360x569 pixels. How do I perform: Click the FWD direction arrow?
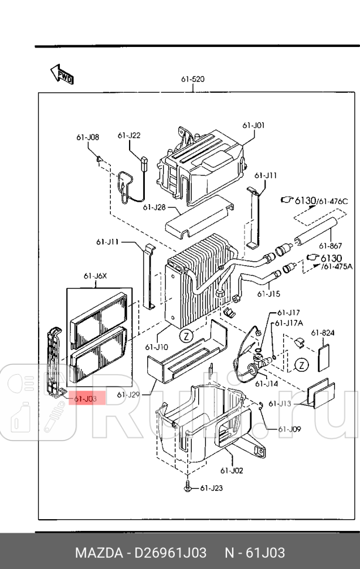point(62,74)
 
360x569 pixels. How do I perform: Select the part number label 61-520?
point(193,79)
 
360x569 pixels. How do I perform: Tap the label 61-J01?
point(253,125)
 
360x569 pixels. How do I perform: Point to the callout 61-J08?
point(87,137)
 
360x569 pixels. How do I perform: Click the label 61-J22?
point(129,136)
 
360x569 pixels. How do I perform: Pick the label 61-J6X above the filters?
point(94,276)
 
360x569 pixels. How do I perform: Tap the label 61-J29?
point(128,394)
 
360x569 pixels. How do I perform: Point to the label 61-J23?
point(212,487)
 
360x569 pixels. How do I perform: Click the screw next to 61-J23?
point(187,486)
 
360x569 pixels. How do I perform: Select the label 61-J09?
point(290,429)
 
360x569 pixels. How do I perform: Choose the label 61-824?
point(323,333)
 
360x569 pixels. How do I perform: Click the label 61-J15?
point(271,294)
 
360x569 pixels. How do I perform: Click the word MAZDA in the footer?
point(99,553)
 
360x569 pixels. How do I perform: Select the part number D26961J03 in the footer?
point(170,553)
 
